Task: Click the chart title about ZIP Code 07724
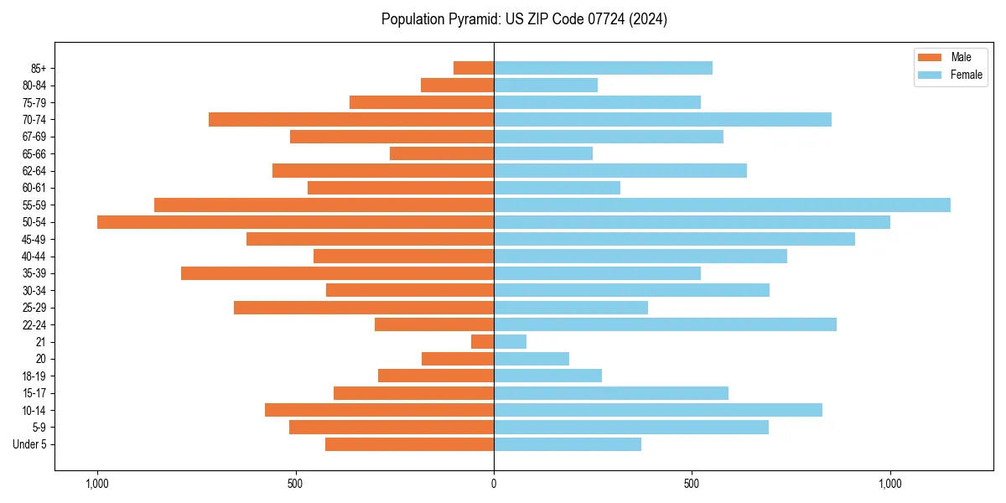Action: [x=524, y=19]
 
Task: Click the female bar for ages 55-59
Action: [x=722, y=205]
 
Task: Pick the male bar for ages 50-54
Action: [x=295, y=222]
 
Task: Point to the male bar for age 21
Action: [x=482, y=342]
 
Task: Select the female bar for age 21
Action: [x=510, y=342]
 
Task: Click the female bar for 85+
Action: [x=603, y=68]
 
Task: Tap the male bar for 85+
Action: [x=474, y=68]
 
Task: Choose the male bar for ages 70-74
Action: [x=351, y=120]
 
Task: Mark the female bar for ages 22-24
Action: [x=665, y=324]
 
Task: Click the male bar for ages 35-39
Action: [x=337, y=273]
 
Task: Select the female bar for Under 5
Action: [x=568, y=444]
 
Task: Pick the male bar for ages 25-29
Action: [x=364, y=308]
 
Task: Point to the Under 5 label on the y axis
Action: [x=29, y=444]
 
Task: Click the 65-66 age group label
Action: [x=34, y=154]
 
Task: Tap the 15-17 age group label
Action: [x=34, y=393]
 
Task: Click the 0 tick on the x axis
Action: [x=494, y=484]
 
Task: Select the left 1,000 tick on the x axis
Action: [x=97, y=484]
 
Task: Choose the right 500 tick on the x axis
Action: [x=692, y=484]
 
